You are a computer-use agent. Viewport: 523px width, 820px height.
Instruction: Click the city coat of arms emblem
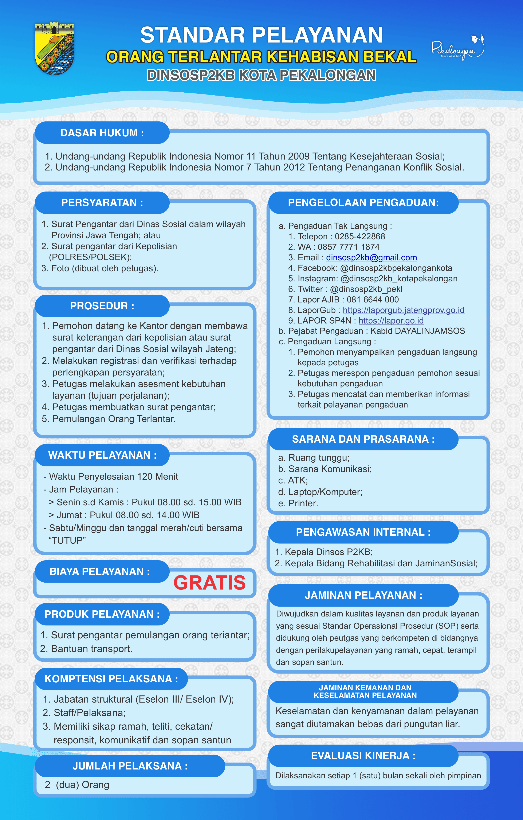pos(55,48)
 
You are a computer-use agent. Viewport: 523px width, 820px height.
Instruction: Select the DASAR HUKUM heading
pos(102,133)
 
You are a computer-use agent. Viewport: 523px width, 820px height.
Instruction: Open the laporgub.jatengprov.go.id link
pos(403,310)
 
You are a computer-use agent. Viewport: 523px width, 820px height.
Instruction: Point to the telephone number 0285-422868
pos(360,236)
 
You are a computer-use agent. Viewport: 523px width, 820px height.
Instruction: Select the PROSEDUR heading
pos(102,306)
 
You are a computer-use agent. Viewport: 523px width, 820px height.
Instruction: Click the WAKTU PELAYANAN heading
pos(102,455)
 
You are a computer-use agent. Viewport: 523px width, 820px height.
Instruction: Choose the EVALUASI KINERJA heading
pos(363,756)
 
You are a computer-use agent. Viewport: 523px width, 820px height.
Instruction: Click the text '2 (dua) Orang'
pos(77,785)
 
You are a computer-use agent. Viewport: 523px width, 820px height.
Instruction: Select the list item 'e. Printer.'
pos(298,503)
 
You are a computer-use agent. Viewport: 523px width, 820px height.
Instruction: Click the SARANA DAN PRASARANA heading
pos(363,439)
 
